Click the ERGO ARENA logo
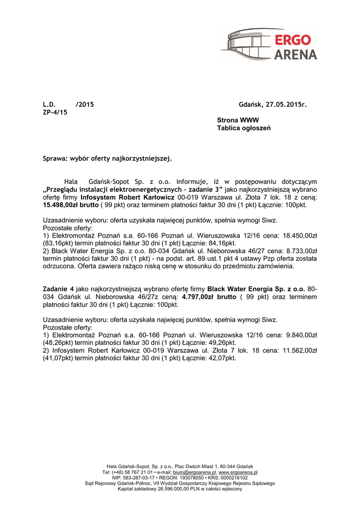coord(269,44)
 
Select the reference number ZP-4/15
coord(55,112)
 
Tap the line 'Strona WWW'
coord(238,120)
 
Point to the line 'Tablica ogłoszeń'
coord(244,128)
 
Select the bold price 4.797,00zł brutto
coord(209,297)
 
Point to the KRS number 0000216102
coord(231,478)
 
